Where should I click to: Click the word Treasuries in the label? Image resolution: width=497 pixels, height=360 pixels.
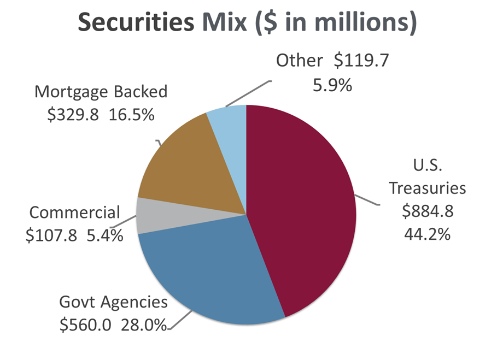tap(427, 188)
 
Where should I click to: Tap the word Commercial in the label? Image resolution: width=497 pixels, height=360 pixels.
tap(75, 212)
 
